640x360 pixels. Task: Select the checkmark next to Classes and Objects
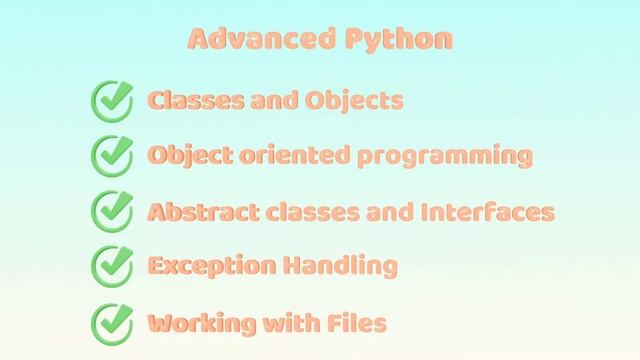pos(112,100)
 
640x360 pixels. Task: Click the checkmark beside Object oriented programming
pos(112,156)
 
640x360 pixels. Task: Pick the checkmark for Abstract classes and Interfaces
pos(112,212)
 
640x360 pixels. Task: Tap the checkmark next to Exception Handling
pos(112,267)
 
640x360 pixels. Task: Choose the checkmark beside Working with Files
pos(112,323)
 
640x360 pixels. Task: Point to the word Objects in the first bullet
pos(364,101)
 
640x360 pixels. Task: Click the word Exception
pos(201,267)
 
